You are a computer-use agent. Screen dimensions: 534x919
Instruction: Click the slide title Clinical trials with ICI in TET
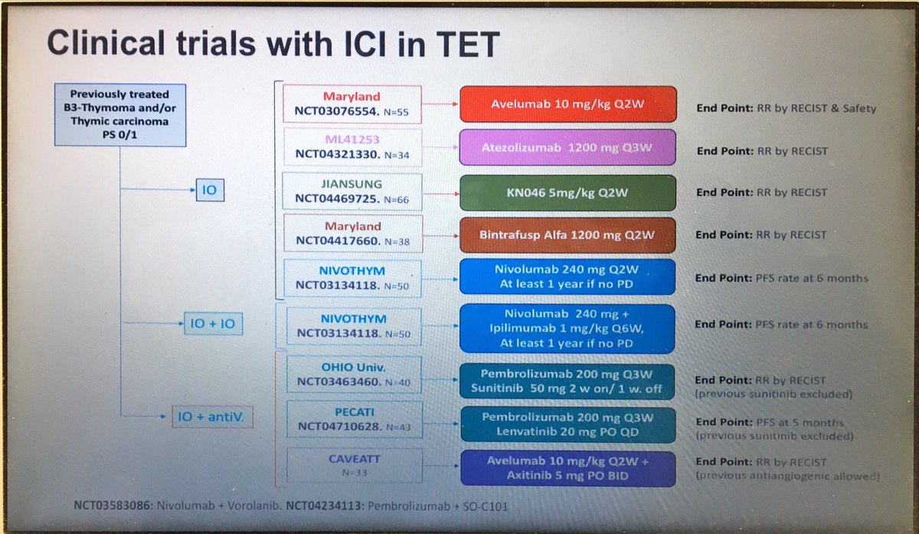point(273,43)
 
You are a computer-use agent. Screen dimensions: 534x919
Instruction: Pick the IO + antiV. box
point(212,417)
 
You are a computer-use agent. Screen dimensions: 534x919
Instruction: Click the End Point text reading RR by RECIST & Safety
point(786,108)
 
